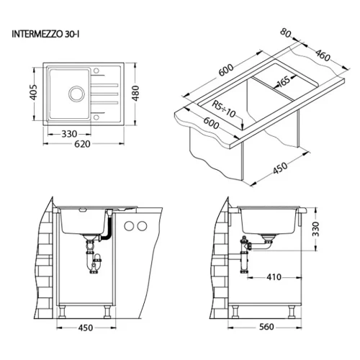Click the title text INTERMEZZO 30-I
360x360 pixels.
point(45,35)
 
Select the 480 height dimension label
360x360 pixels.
point(135,93)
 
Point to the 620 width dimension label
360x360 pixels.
point(82,144)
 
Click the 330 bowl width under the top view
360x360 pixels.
point(69,134)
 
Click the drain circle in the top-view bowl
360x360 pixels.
point(77,94)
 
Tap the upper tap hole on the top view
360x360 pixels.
point(96,71)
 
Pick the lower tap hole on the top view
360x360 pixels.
point(96,117)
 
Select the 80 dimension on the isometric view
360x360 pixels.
point(286,33)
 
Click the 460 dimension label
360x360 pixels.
point(323,55)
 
